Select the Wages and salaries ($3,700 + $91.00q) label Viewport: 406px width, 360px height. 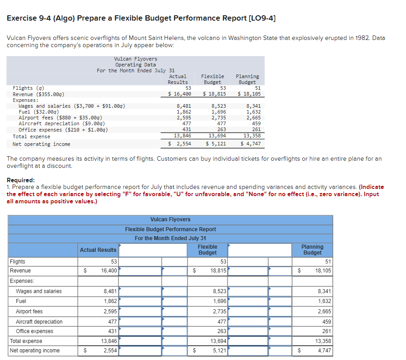click(72, 106)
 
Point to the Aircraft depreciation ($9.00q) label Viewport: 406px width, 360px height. click(62, 123)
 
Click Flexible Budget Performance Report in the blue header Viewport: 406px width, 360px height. click(170, 229)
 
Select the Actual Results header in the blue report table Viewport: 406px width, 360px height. click(98, 250)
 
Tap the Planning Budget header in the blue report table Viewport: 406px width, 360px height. click(312, 250)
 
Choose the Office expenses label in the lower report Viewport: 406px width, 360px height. click(35, 331)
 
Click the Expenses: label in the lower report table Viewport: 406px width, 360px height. click(22, 281)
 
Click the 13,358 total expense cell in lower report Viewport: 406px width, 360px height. click(323, 341)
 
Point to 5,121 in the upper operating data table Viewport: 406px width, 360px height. click(216, 144)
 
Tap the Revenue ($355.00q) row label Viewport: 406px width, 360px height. click(39, 94)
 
